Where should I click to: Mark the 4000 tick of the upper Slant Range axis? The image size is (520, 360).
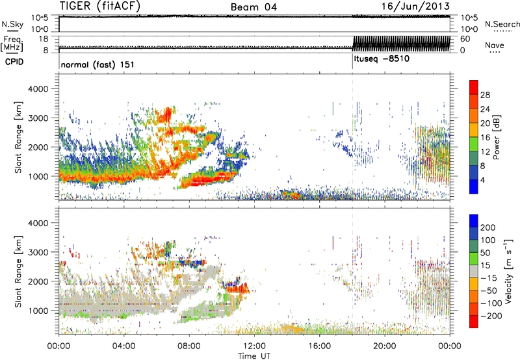click(43, 88)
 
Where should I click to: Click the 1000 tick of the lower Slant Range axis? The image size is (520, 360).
click(43, 311)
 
